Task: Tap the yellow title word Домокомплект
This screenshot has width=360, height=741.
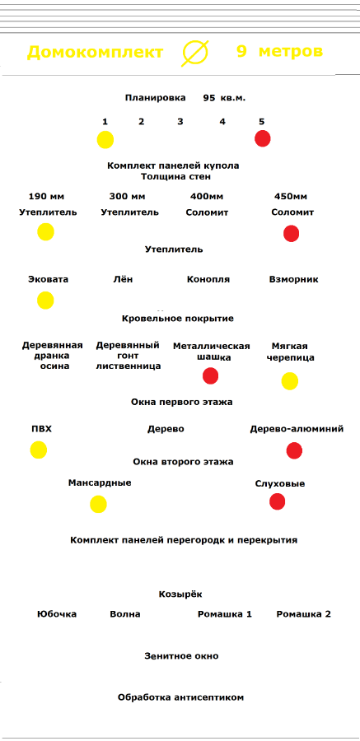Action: [95, 52]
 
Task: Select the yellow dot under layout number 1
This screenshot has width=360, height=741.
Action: [105, 140]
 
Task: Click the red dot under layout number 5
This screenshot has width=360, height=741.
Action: [263, 139]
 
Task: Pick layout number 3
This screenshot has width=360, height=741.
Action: [180, 122]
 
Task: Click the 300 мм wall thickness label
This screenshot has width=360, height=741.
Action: [127, 196]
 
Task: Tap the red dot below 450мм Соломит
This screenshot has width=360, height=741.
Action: [292, 234]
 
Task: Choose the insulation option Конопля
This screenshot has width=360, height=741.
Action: [208, 279]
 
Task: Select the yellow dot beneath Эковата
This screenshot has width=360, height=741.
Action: [46, 300]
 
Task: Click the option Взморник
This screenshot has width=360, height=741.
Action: [294, 279]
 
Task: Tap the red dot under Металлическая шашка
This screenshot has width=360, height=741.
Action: [211, 375]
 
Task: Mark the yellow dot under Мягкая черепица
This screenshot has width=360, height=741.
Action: [290, 381]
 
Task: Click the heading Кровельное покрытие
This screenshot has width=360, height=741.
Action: [178, 319]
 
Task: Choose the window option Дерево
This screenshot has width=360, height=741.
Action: [166, 429]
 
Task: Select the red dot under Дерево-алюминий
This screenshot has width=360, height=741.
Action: [294, 451]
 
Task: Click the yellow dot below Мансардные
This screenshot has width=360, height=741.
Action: [98, 504]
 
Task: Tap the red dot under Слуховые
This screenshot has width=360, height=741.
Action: [278, 501]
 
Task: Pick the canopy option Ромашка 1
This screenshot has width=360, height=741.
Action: [225, 614]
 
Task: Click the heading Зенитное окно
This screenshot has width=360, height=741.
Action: [182, 656]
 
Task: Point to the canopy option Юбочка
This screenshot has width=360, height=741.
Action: [57, 614]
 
